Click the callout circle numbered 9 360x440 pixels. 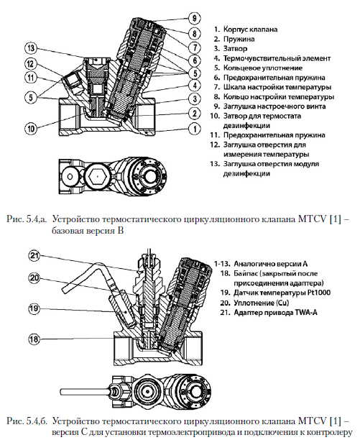[x=194, y=18]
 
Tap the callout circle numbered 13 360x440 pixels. [x=31, y=48]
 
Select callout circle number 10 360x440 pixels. [x=31, y=129]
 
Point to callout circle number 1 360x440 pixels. [x=195, y=129]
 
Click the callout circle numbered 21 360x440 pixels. [x=34, y=256]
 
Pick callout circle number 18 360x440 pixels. [x=34, y=339]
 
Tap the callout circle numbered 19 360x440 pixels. [x=34, y=308]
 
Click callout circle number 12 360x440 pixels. [x=30, y=64]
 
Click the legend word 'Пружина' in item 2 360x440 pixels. [x=239, y=39]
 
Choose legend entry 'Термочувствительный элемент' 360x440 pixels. [x=277, y=58]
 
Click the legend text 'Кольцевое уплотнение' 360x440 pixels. [x=263, y=68]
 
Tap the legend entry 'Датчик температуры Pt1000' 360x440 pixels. [x=282, y=293]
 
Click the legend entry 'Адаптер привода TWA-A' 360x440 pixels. [x=275, y=312]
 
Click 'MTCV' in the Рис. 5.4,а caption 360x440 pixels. [x=312, y=219]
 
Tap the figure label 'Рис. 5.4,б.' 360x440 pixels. [x=27, y=421]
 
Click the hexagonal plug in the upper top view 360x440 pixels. [x=97, y=176]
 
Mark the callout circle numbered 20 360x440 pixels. [x=34, y=278]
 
